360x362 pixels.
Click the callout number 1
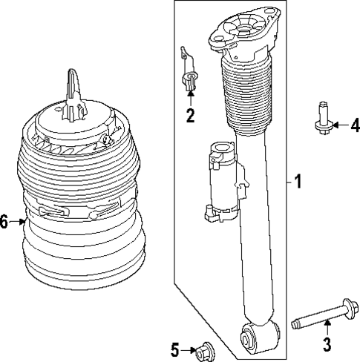tap(298, 182)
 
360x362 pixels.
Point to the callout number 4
tap(355, 124)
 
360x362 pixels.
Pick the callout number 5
tap(174, 348)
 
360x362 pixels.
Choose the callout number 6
tap(5, 222)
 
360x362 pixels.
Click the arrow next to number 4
tap(341, 124)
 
